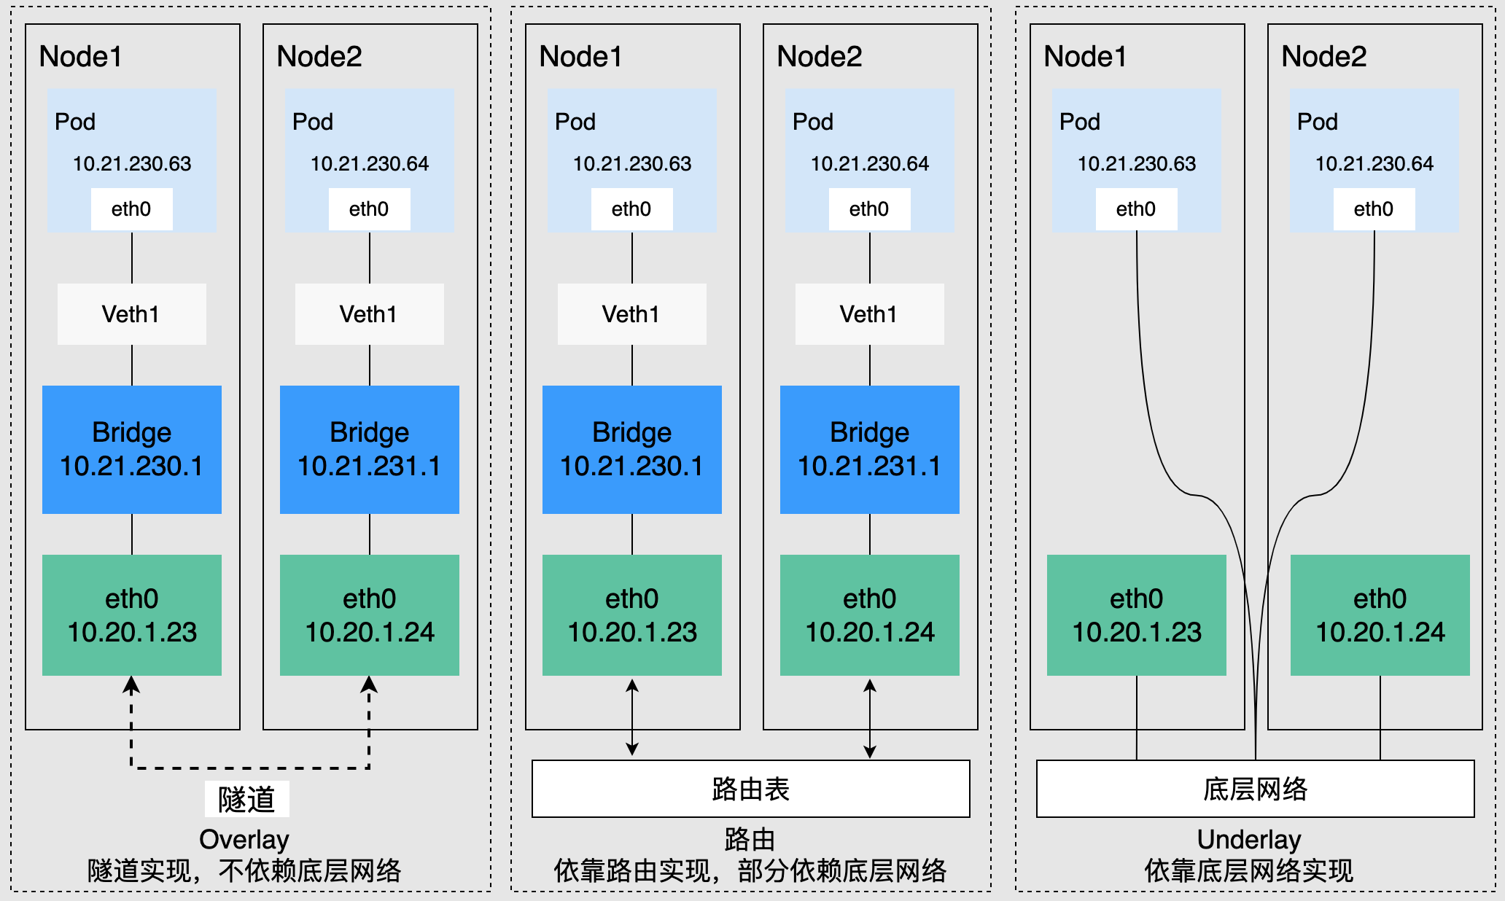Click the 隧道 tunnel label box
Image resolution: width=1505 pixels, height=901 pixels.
pyautogui.click(x=246, y=799)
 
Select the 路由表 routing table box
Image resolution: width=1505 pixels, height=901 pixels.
pyautogui.click(x=750, y=789)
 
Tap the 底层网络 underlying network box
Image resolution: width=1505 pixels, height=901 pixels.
pyautogui.click(x=1255, y=789)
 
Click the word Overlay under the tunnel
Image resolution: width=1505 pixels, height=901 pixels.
pyautogui.click(x=244, y=840)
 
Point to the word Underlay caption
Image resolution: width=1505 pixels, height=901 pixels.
pyautogui.click(x=1249, y=840)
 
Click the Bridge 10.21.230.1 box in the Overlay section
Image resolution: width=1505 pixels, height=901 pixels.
pyautogui.click(x=132, y=449)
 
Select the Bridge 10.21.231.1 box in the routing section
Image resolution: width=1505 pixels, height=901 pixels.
pyautogui.click(x=870, y=449)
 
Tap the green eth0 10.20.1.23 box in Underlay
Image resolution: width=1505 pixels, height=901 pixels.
pyautogui.click(x=1136, y=615)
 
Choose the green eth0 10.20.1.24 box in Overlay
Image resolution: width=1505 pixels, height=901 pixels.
pyautogui.click(x=370, y=615)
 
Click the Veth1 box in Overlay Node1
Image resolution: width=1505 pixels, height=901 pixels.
pyautogui.click(x=132, y=314)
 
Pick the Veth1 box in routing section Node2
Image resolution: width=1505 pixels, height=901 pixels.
pyautogui.click(x=870, y=314)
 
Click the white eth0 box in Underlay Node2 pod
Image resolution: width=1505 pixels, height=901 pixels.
pyautogui.click(x=1374, y=209)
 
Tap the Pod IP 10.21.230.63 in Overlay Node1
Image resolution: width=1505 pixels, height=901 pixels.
pyautogui.click(x=132, y=164)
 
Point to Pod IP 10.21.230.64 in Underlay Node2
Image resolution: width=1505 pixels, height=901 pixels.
pyautogui.click(x=1374, y=164)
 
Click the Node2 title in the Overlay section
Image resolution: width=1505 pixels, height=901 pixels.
pyautogui.click(x=319, y=56)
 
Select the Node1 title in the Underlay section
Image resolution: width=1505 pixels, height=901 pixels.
pyautogui.click(x=1085, y=56)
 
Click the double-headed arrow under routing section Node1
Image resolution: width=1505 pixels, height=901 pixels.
pyautogui.click(x=632, y=717)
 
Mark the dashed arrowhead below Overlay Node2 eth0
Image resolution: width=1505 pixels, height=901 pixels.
pyautogui.click(x=370, y=684)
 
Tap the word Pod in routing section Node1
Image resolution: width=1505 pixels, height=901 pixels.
pyautogui.click(x=575, y=122)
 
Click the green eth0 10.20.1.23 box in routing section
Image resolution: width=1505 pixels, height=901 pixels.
pyautogui.click(x=632, y=615)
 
